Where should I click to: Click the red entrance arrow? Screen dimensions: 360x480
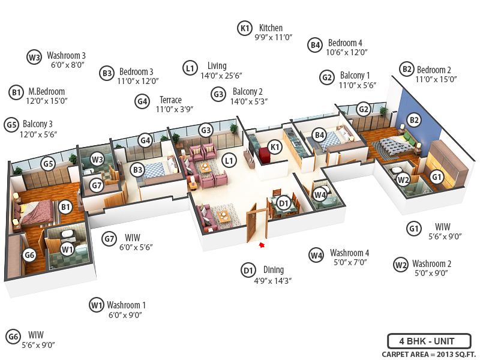pos(262,244)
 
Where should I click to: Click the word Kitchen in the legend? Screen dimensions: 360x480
pos(271,28)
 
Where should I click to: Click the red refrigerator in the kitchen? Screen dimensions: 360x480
pos(264,155)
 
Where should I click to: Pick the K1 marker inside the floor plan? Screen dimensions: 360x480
pos(275,147)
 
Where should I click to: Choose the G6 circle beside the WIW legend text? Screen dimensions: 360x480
pos(13,337)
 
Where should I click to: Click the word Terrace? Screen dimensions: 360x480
pos(170,100)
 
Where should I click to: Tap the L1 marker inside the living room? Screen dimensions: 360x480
pos(228,160)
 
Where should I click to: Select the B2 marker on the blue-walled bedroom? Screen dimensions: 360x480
pos(413,120)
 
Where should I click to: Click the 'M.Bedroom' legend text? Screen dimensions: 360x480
pos(46,92)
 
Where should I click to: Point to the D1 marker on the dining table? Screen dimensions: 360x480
pos(284,203)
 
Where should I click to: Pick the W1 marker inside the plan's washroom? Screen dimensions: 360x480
pos(67,248)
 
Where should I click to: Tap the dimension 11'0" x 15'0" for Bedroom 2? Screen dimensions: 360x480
pos(437,79)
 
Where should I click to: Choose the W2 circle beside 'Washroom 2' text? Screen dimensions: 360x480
pos(401,264)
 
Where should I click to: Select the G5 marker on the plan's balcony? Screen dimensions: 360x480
pos(48,163)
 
